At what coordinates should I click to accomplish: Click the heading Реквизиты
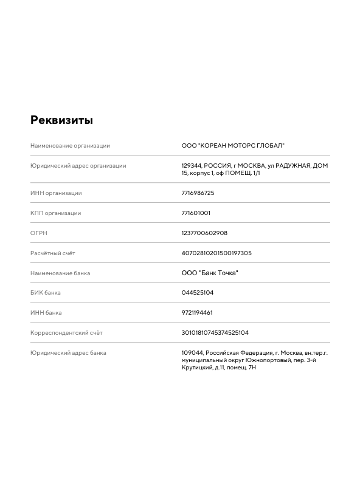point(61,120)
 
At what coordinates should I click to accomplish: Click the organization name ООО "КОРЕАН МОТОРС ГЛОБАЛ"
point(233,146)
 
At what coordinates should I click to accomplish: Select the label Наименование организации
point(71,146)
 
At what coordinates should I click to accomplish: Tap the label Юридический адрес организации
point(78,166)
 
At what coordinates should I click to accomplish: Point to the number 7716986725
point(198,193)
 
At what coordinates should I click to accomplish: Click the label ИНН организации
point(56,193)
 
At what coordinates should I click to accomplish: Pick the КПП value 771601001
point(196,213)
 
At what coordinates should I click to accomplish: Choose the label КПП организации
point(55,213)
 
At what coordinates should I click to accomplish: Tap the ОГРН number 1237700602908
point(204,233)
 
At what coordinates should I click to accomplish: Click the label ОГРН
point(39,233)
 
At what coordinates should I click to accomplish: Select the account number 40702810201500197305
point(216,253)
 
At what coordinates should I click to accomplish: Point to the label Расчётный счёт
point(53,253)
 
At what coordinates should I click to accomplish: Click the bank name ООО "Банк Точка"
point(210,273)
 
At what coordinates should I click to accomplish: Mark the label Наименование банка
point(60,273)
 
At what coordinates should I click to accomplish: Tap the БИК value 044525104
point(197,293)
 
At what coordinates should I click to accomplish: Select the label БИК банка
point(46,293)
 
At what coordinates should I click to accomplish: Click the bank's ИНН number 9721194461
point(197,313)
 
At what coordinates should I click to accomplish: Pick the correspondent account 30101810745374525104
point(215,333)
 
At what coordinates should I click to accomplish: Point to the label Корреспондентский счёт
point(66,333)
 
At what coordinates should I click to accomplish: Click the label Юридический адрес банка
point(68,353)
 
